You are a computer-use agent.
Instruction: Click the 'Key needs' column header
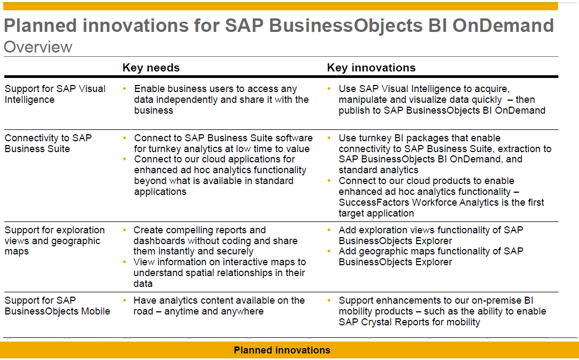point(151,68)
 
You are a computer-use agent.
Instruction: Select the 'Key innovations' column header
point(371,68)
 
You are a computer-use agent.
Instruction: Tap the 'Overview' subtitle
point(38,47)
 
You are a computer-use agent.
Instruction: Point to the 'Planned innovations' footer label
point(282,350)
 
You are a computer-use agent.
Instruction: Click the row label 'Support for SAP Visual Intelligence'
point(55,94)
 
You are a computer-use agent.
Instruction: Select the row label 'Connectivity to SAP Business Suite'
point(48,143)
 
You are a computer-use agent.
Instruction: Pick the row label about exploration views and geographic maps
point(55,240)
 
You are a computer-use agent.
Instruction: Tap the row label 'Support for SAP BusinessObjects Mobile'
point(57,305)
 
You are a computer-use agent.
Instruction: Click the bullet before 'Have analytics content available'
point(125,300)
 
